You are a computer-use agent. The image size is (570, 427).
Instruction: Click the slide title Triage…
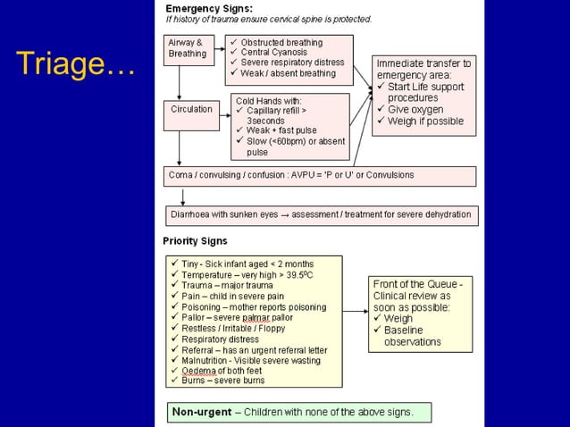click(75, 64)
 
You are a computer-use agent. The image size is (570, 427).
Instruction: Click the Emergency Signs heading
click(207, 8)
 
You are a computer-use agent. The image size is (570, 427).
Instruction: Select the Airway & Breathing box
click(187, 47)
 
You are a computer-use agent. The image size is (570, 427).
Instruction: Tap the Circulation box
click(191, 109)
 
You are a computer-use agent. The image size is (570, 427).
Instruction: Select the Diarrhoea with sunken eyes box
click(322, 215)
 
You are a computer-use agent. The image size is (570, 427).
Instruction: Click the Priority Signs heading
click(195, 241)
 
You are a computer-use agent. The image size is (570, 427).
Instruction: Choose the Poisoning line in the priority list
click(254, 307)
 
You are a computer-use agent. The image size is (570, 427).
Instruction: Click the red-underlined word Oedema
click(197, 370)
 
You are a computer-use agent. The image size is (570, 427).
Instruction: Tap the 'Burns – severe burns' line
click(223, 381)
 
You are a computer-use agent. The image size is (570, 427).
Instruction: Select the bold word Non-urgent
click(202, 412)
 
